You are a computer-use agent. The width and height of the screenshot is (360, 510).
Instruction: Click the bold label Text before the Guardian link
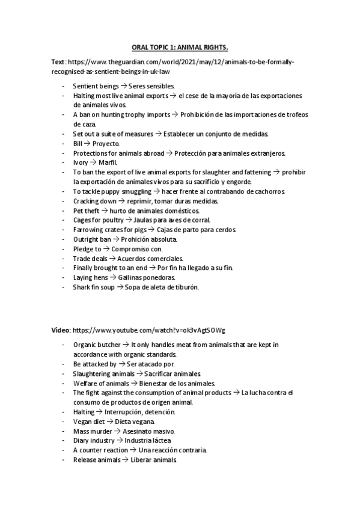click(x=58, y=62)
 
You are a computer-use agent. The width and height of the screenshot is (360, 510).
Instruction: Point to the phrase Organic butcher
click(x=96, y=345)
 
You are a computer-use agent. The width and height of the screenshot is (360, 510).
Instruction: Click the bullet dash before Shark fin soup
click(x=64, y=287)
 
